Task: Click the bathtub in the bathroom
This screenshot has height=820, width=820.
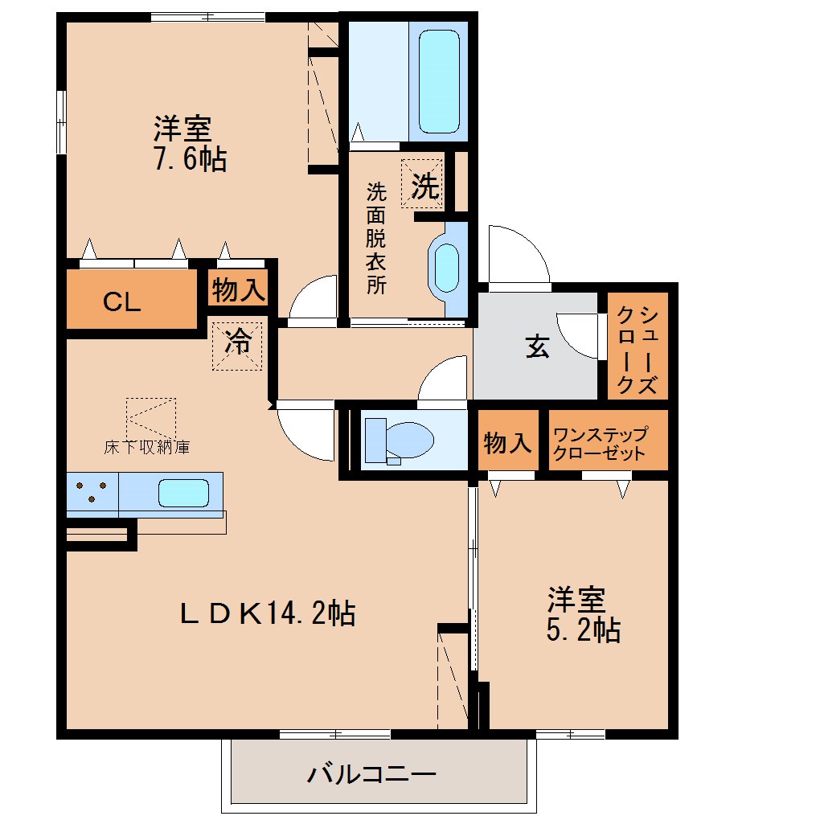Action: coord(439,80)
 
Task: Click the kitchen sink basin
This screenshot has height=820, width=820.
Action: coord(183,492)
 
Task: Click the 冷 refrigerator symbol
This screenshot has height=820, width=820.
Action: coord(237,345)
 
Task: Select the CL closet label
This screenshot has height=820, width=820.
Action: coord(122,302)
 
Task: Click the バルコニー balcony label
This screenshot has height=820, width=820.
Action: coord(371,775)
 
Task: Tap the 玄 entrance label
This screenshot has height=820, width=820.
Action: coord(537,347)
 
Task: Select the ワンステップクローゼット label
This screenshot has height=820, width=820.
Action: coord(599,443)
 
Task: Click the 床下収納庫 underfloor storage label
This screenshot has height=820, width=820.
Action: coord(147,447)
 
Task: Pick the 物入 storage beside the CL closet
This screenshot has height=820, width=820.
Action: coord(238,289)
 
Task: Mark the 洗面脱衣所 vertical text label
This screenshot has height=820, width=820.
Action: coord(375,238)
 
